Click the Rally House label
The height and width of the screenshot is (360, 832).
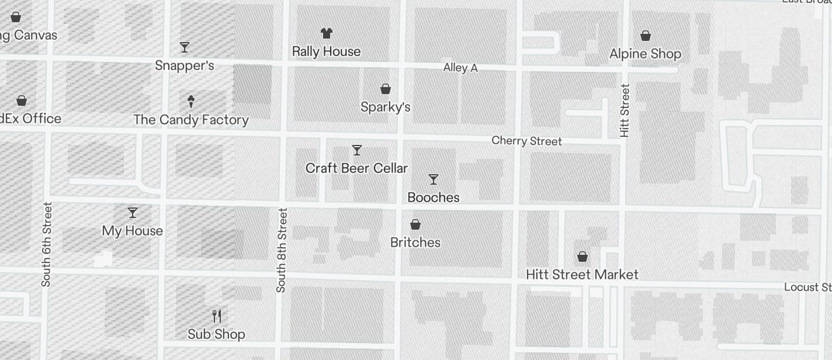326,51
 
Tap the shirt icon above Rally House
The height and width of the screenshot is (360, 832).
326,33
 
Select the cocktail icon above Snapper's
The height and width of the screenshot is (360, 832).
185,47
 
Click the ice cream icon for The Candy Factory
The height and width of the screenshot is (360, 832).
191,102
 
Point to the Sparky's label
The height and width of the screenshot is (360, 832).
385,107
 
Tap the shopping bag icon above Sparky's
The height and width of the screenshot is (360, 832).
386,89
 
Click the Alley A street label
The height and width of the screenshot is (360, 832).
460,68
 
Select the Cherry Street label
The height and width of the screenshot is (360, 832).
526,141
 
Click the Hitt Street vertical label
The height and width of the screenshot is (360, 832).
625,110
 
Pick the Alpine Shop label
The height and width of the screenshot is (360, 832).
645,54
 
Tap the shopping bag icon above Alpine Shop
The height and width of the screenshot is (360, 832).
646,36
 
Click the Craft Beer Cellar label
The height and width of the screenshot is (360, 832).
356,168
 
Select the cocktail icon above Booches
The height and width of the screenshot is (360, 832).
434,179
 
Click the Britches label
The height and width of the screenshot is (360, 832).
415,243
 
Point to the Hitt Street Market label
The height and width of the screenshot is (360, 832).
582,275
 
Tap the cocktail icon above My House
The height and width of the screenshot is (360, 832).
133,212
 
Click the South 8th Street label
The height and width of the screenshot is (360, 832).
282,250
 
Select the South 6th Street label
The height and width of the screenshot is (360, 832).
47,244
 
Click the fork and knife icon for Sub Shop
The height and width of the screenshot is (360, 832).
217,316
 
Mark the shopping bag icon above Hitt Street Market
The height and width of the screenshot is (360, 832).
583,257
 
